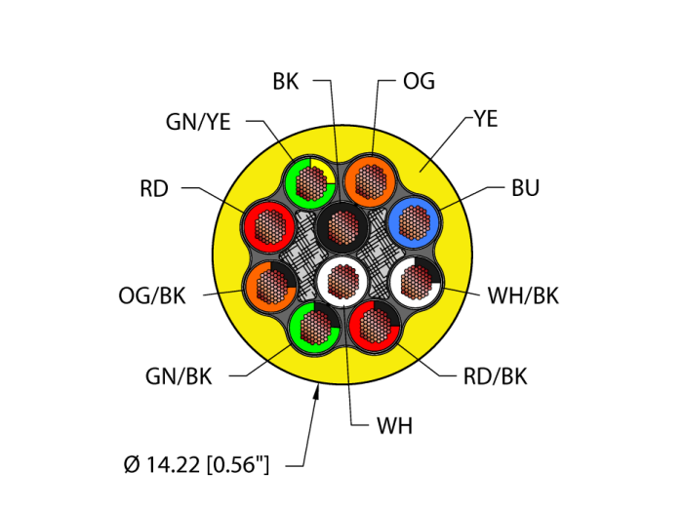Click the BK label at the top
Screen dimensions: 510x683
pyautogui.click(x=286, y=82)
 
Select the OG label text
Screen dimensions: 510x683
pyautogui.click(x=419, y=82)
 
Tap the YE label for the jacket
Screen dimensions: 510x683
pyautogui.click(x=485, y=119)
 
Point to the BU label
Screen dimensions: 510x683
pyautogui.click(x=525, y=188)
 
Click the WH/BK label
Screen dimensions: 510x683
pyautogui.click(x=523, y=295)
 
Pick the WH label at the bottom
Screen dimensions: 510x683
pyautogui.click(x=394, y=426)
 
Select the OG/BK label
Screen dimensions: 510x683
pyautogui.click(x=153, y=295)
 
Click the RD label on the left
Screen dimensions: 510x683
pyautogui.click(x=154, y=188)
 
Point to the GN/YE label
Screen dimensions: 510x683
pyautogui.click(x=198, y=121)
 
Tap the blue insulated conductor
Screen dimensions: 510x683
pyautogui.click(x=414, y=223)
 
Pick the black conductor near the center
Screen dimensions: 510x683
pyautogui.click(x=341, y=226)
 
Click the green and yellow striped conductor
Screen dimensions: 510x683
pyautogui.click(x=309, y=180)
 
